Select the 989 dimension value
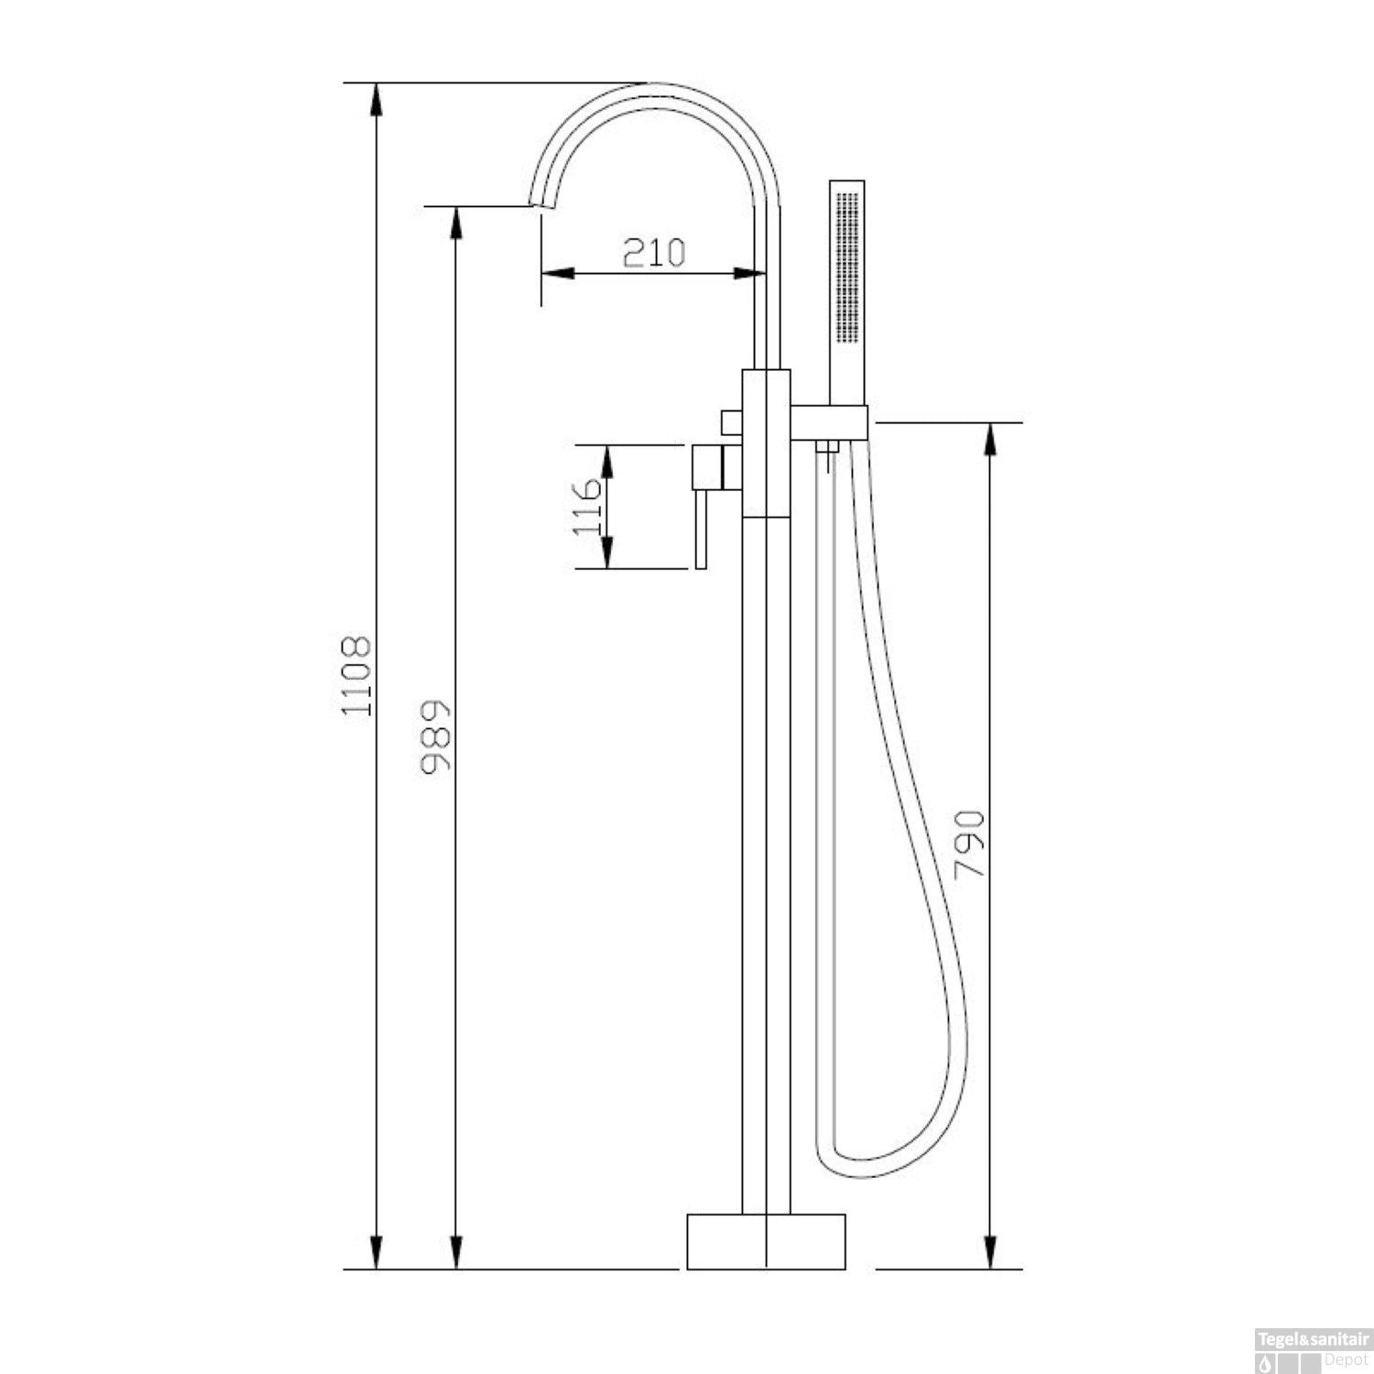point(436,739)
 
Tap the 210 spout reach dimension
point(654,252)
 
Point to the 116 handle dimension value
point(587,507)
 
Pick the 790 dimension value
point(969,844)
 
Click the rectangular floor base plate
point(766,1241)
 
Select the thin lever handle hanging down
point(702,529)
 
